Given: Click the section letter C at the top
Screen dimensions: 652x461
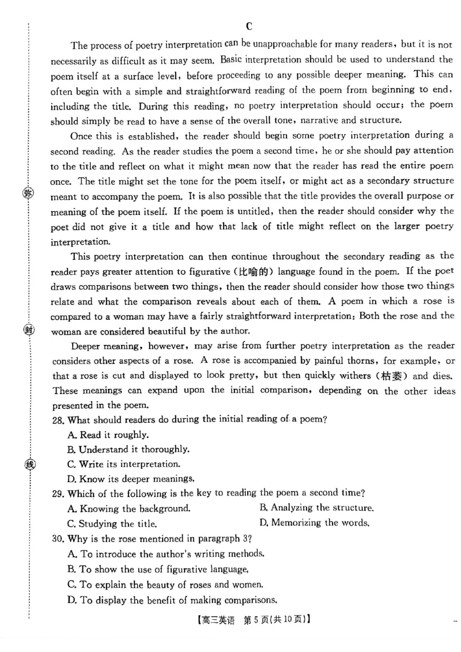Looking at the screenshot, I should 249,26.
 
